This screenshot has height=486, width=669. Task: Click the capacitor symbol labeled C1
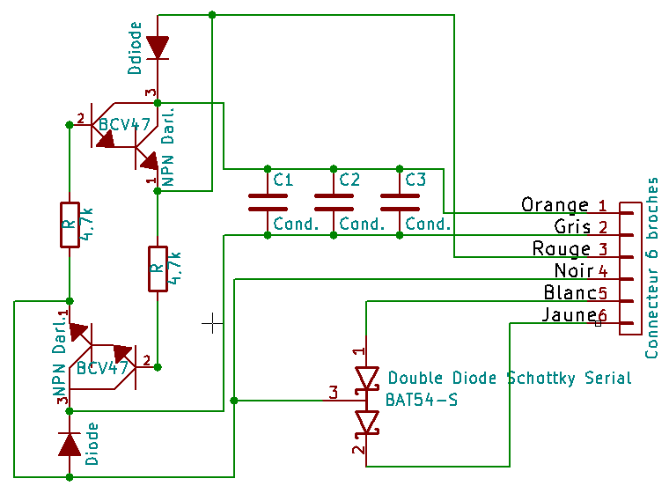pos(268,202)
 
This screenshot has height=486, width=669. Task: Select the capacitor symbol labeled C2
pos(334,202)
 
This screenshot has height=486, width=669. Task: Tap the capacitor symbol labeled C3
pos(399,202)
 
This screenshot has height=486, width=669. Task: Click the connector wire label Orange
pos(555,205)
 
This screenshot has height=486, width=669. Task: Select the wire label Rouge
pos(562,249)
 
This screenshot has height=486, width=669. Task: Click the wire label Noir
pos(574,270)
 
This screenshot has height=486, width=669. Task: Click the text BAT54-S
pos(422,399)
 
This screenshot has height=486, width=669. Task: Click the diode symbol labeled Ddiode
pos(158,47)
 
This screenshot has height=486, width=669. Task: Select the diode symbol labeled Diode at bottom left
pos(70,444)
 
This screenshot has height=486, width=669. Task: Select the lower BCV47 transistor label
pos(103,367)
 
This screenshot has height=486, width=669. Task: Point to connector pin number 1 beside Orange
pos(602,205)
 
